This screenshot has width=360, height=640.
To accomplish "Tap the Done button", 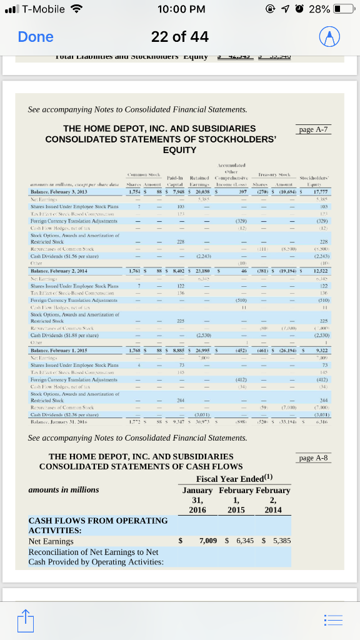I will click(x=36, y=37).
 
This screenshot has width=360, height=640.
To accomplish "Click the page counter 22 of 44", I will click(x=180, y=37).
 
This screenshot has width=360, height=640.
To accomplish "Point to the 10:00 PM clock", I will click(x=180, y=9).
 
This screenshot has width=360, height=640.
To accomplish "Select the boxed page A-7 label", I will click(x=314, y=130).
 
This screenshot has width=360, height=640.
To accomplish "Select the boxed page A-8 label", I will click(x=314, y=458).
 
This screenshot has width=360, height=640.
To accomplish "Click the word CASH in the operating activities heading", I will click(x=42, y=520).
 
